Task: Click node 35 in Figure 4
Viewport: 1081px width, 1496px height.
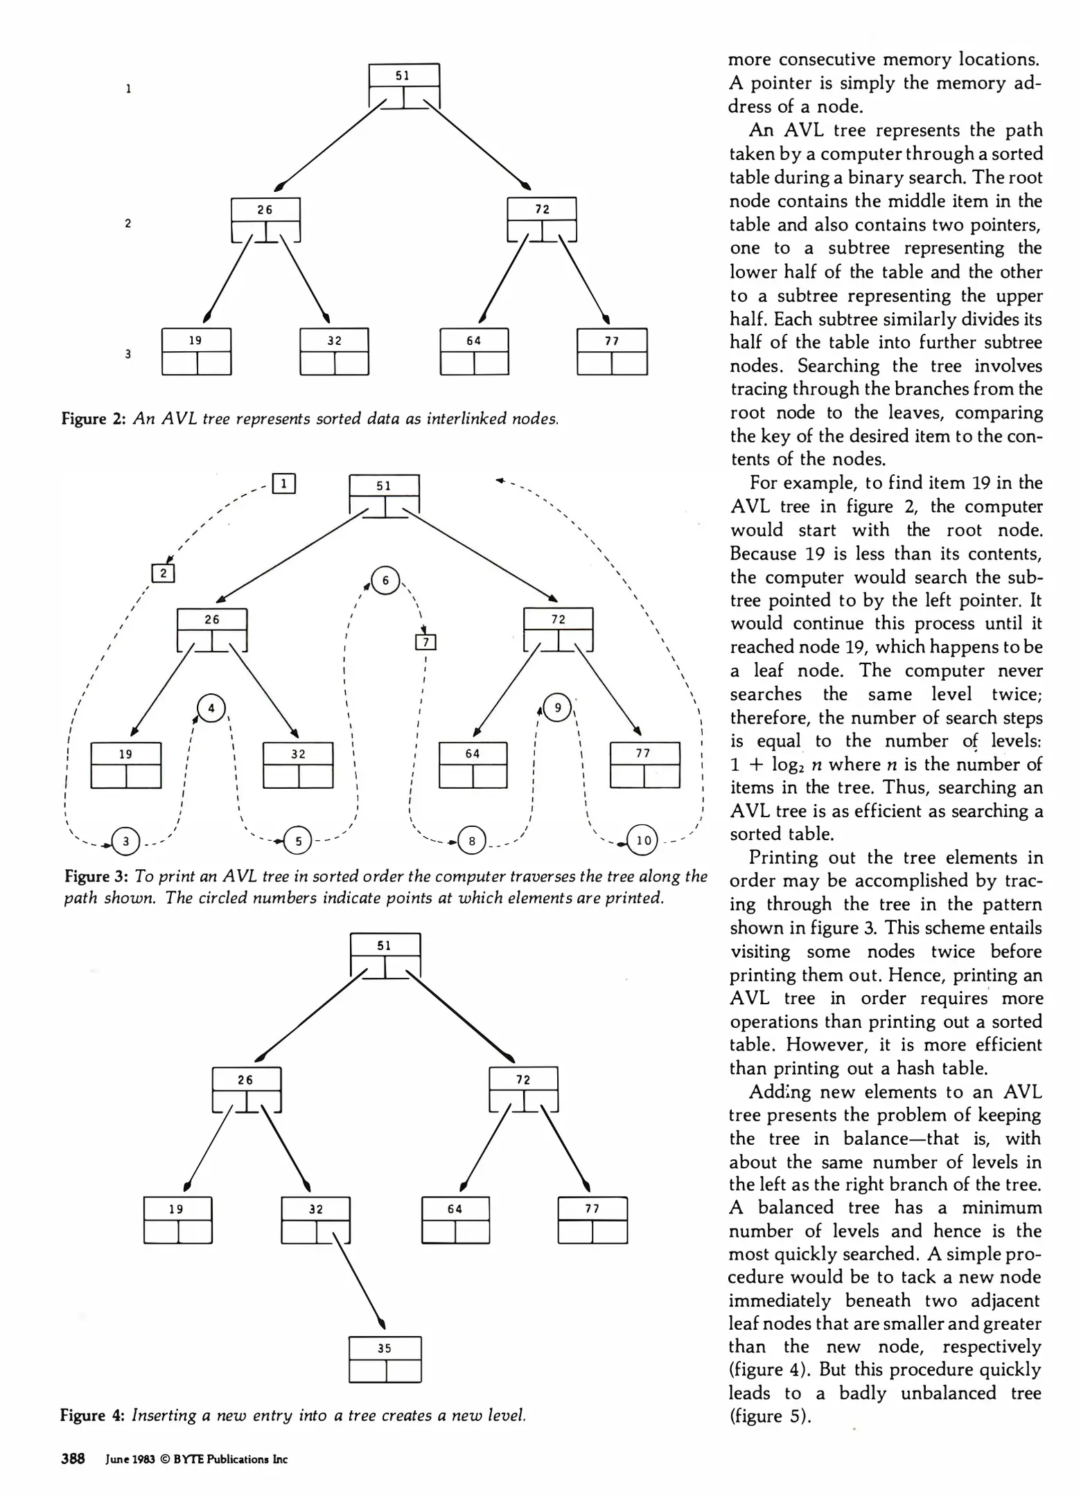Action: (385, 1360)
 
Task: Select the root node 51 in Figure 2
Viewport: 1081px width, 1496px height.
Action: (403, 86)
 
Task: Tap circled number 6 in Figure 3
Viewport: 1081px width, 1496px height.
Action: (385, 580)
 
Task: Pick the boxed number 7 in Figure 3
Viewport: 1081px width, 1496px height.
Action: (425, 643)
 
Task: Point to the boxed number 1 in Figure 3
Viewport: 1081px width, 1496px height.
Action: (284, 483)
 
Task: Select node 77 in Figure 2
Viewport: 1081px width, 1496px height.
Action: (612, 351)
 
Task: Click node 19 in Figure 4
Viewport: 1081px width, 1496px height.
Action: (177, 1220)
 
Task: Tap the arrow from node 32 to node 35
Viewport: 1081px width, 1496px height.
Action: (358, 1276)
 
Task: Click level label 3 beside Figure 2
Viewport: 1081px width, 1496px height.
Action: (128, 354)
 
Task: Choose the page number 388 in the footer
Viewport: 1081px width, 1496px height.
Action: (73, 1459)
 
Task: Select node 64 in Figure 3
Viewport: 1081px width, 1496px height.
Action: (473, 765)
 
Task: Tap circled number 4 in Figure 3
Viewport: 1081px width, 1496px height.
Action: (211, 708)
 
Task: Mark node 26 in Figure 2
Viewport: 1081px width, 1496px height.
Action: (265, 220)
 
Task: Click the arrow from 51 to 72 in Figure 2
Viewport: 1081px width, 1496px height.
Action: (478, 145)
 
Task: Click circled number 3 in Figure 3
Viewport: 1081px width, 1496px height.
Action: (126, 841)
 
